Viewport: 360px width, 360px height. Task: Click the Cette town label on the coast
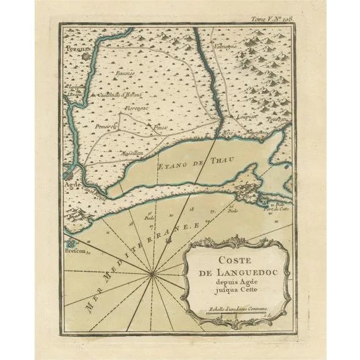[x=243, y=198]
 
